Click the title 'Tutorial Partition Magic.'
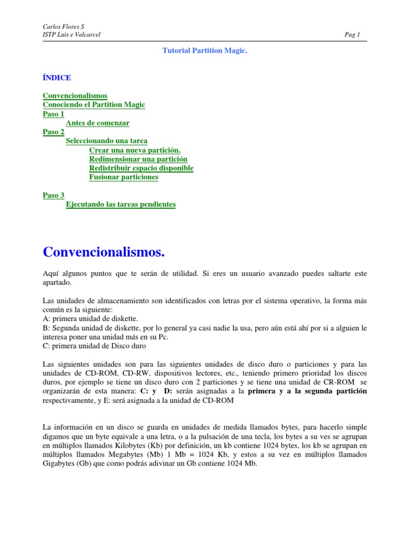[204, 51]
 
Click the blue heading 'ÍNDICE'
[56, 78]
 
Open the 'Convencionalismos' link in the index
[75, 96]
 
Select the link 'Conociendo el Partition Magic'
[93, 104]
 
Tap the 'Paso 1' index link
[53, 114]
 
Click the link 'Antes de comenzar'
[97, 123]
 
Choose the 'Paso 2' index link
[53, 132]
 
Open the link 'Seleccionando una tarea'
[107, 141]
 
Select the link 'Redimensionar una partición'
[138, 159]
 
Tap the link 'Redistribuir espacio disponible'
[141, 168]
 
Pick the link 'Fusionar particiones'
[124, 177]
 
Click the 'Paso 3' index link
[53, 195]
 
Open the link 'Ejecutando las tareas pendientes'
[121, 204]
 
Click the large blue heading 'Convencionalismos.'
[103, 252]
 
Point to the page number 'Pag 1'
[352, 35]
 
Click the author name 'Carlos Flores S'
[62, 27]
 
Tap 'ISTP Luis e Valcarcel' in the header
[72, 35]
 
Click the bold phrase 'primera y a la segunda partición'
[307, 391]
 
